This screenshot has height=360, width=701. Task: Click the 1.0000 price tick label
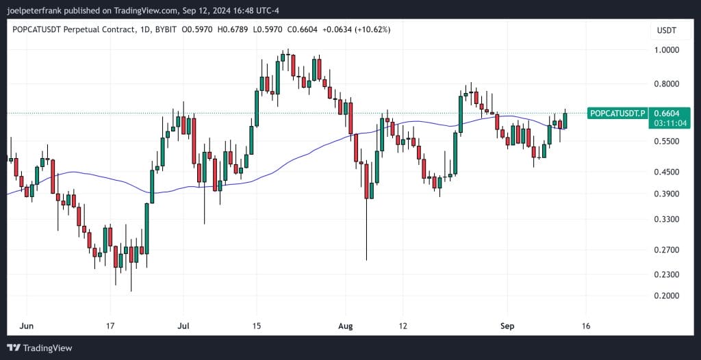[666, 51]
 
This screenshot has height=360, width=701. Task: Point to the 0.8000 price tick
[666, 84]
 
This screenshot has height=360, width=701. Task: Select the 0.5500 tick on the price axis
[666, 142]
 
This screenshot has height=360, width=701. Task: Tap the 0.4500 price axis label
[666, 172]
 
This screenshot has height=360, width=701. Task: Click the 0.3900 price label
[666, 194]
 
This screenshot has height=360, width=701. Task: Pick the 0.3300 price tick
[666, 220]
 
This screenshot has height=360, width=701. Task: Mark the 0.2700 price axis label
[666, 250]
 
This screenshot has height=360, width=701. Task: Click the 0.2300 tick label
[666, 275]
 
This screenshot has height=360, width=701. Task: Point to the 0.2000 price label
[666, 296]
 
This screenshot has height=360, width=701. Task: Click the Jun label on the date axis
[27, 326]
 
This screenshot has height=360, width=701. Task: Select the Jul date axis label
[183, 326]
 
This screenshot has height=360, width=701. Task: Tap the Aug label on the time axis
[346, 326]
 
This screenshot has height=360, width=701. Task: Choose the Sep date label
[507, 326]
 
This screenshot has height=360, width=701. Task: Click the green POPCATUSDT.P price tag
[617, 113]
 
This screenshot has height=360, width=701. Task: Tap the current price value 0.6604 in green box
[667, 113]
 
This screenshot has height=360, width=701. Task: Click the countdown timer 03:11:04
[667, 124]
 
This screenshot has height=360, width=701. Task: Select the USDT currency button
[666, 31]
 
